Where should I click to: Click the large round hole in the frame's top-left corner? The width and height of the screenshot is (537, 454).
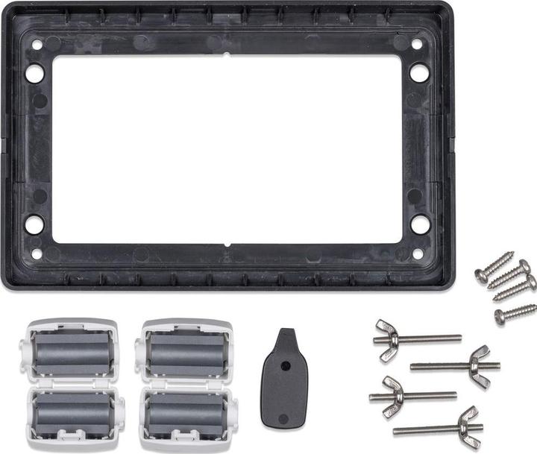34,73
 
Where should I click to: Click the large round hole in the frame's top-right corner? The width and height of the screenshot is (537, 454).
419,73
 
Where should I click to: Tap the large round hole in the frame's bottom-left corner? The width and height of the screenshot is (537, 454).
34,224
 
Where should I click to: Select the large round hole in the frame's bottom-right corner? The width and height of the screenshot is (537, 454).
420,224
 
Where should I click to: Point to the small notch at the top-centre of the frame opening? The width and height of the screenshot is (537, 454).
226,54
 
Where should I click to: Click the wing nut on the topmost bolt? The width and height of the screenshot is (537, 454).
389,339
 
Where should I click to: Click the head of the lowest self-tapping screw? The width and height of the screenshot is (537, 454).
500,318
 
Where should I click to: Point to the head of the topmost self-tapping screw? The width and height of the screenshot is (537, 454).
482,274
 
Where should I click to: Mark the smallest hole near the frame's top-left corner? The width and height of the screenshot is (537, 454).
37,44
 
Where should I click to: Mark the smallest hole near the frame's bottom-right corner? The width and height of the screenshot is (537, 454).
417,253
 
